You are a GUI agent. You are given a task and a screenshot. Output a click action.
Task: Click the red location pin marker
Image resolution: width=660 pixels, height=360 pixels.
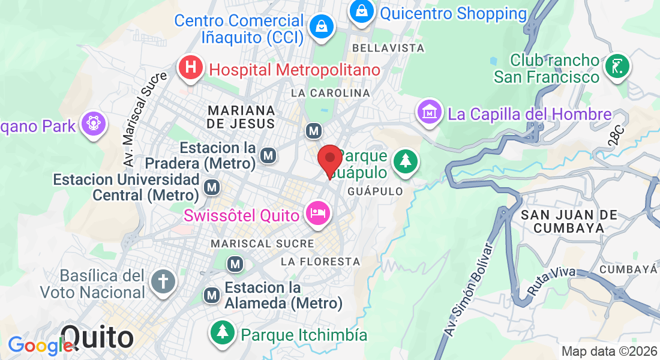pyautogui.click(x=329, y=159)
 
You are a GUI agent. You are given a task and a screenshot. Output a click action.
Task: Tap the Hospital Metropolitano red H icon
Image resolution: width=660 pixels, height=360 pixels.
pyautogui.click(x=190, y=68)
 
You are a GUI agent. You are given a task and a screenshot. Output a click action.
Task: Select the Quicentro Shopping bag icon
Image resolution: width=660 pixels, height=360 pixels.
pyautogui.click(x=362, y=10)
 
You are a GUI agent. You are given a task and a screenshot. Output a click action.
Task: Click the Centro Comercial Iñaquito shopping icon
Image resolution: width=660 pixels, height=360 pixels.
pyautogui.click(x=322, y=26)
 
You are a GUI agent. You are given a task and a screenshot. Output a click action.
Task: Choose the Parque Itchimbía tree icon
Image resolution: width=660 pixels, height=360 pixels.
pyautogui.click(x=223, y=332)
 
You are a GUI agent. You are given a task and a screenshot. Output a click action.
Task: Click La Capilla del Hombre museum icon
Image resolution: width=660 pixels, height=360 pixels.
pyautogui.click(x=430, y=112)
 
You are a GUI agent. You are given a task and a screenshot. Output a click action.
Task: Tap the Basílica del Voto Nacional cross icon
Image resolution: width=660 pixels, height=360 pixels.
pyautogui.click(x=163, y=281)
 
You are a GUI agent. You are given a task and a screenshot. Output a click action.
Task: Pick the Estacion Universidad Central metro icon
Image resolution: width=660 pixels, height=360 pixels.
pyautogui.click(x=211, y=188)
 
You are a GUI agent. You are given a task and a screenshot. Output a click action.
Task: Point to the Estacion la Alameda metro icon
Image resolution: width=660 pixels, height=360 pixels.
pyautogui.click(x=211, y=295)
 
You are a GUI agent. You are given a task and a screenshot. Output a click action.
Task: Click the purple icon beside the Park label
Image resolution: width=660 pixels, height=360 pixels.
pyautogui.click(x=94, y=124)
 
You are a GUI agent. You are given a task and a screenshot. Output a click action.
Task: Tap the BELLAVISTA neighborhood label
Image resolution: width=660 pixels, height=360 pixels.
pyautogui.click(x=388, y=47)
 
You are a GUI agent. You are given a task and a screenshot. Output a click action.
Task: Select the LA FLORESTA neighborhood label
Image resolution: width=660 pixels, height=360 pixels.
pyautogui.click(x=321, y=262)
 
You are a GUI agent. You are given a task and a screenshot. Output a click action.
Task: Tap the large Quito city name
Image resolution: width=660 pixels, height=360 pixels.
pyautogui.click(x=97, y=337)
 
